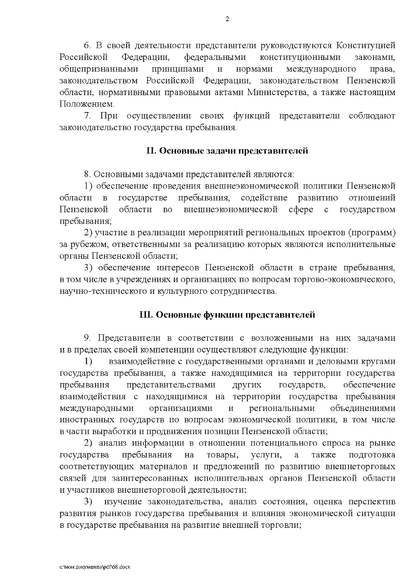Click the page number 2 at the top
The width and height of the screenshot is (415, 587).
(x=227, y=19)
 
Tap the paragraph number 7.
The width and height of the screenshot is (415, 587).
(x=87, y=116)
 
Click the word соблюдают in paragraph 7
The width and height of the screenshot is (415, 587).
(x=372, y=116)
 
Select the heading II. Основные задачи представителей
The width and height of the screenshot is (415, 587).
(x=227, y=151)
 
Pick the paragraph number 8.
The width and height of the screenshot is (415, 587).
(x=87, y=174)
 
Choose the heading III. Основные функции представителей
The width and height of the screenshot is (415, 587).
(x=227, y=315)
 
